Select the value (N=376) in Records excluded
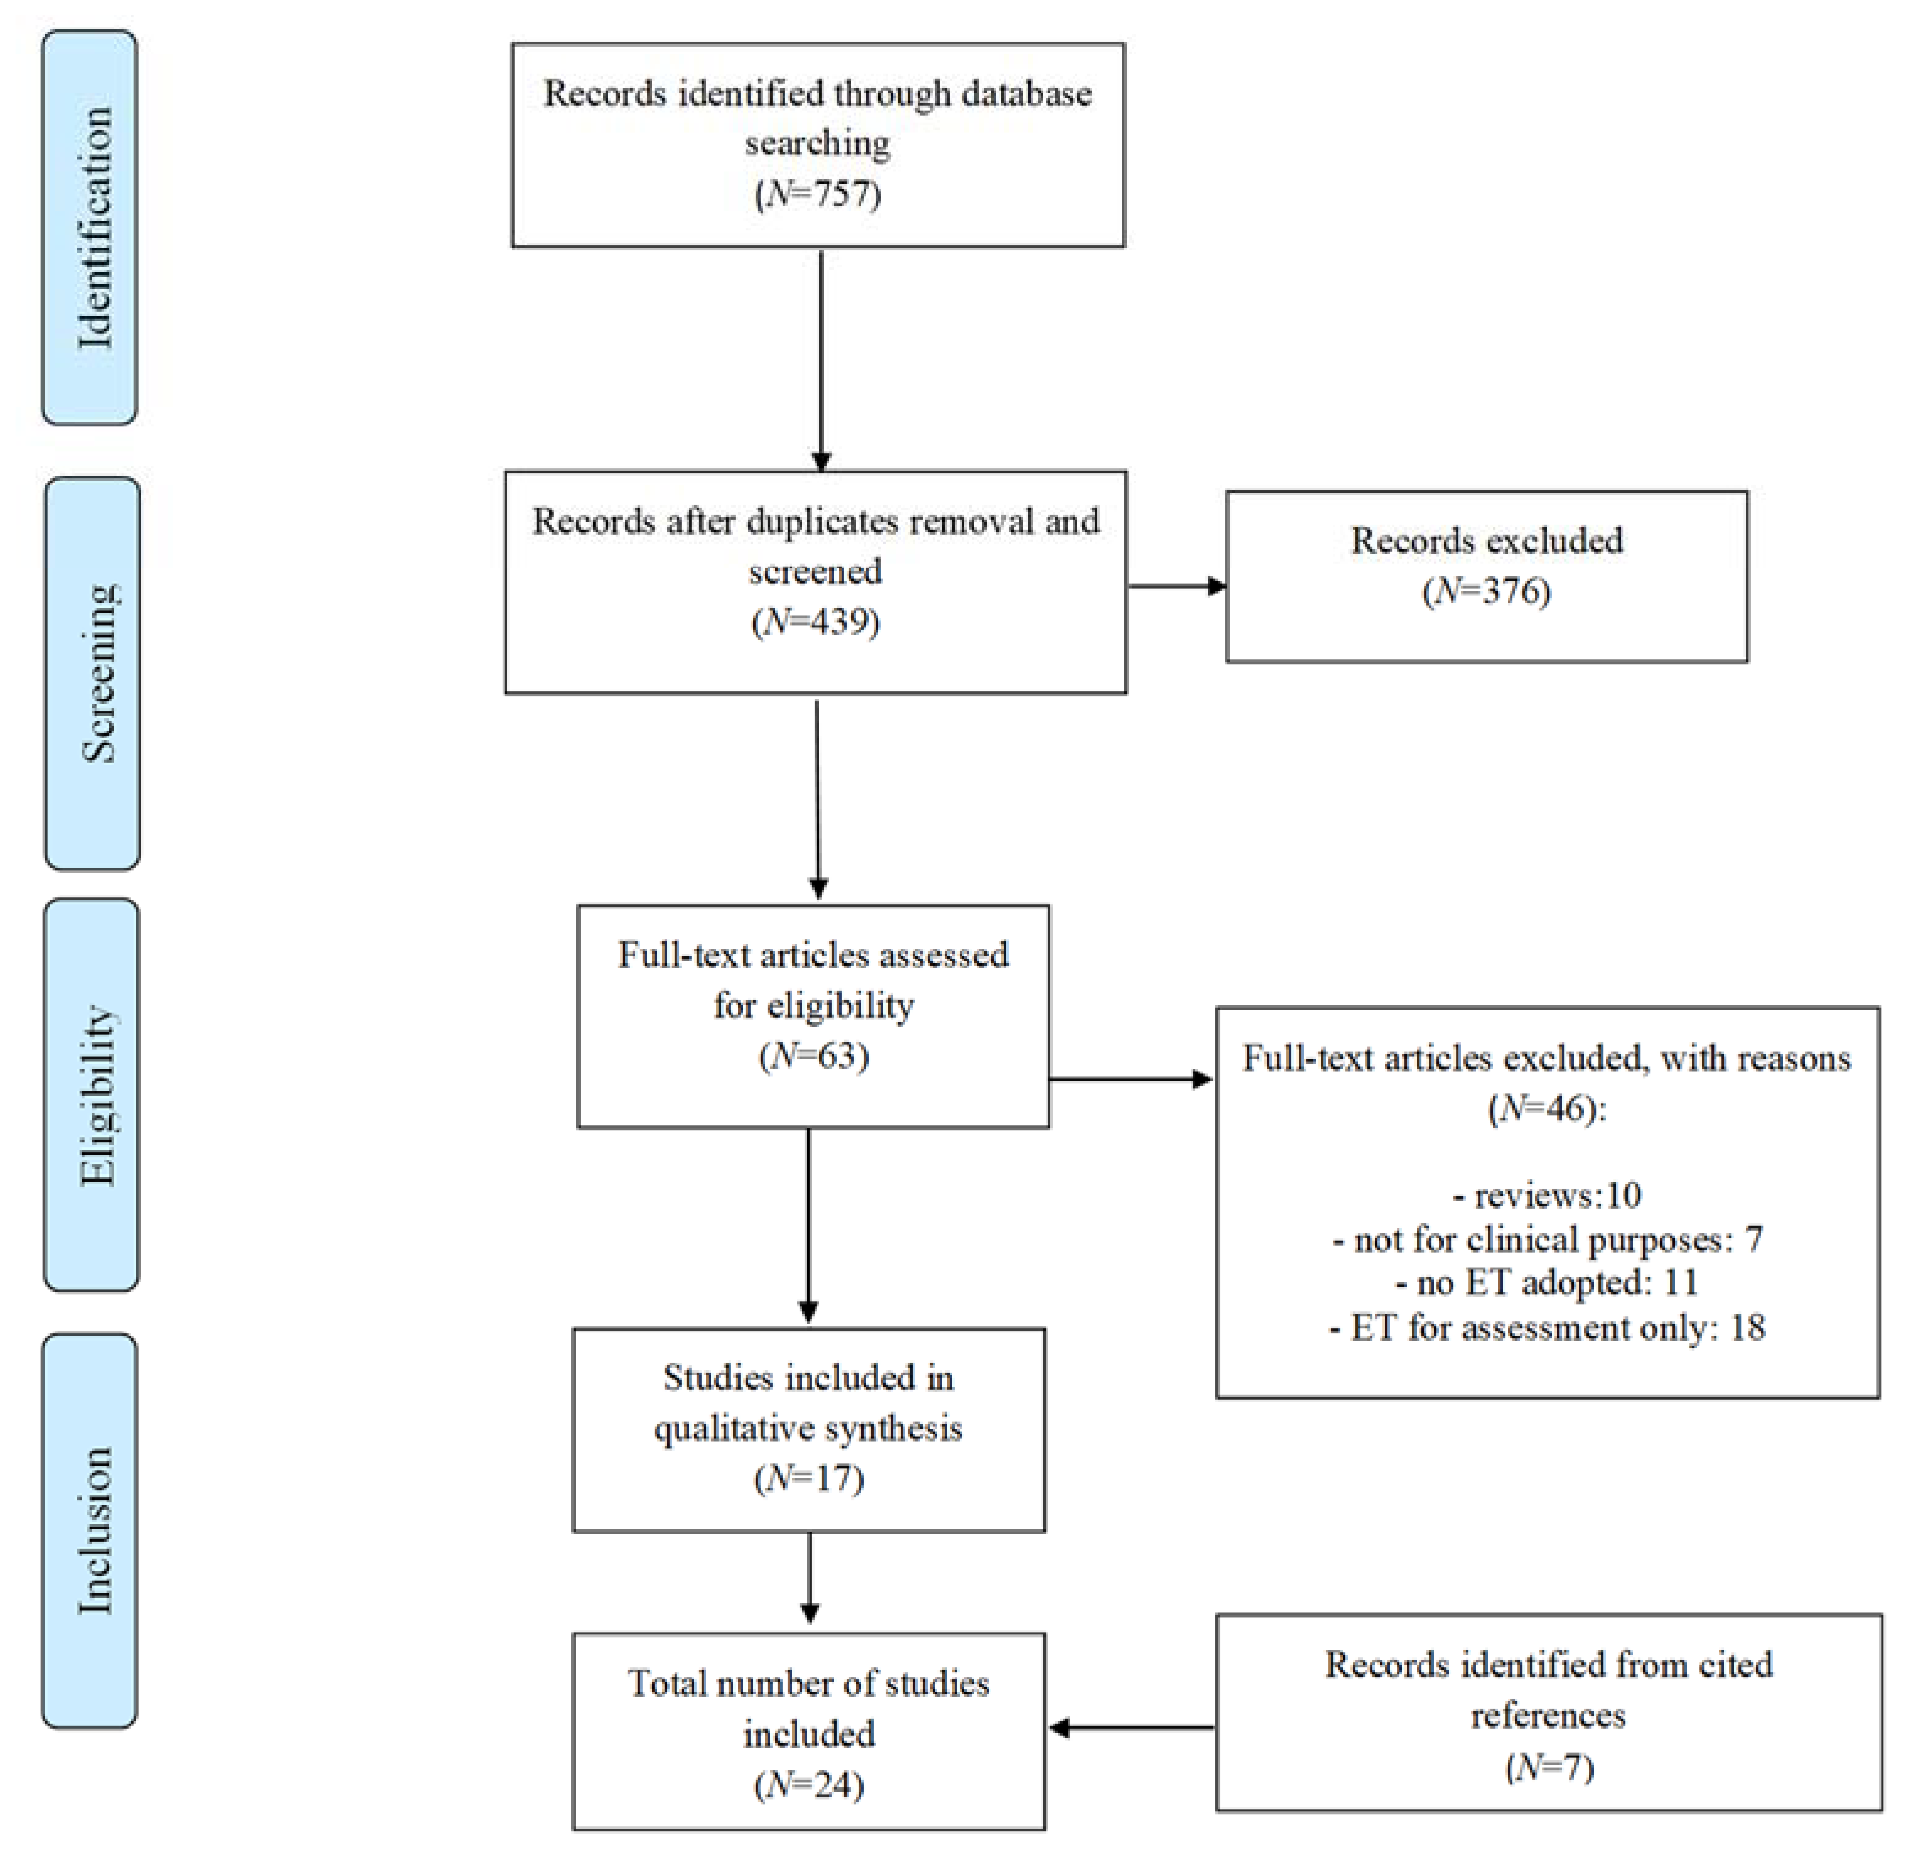pyautogui.click(x=1486, y=591)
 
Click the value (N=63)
pyautogui.click(x=814, y=1056)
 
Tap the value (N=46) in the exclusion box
pyautogui.click(x=1546, y=1109)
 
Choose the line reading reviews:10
pyautogui.click(x=1547, y=1195)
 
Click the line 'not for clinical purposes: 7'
pyautogui.click(x=1547, y=1239)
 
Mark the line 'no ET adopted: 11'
pyautogui.click(x=1547, y=1282)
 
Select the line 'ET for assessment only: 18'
pyautogui.click(x=1547, y=1328)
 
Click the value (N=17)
pyautogui.click(x=809, y=1478)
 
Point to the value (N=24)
pyautogui.click(x=809, y=1784)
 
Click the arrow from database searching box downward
pyautogui.click(x=821, y=358)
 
